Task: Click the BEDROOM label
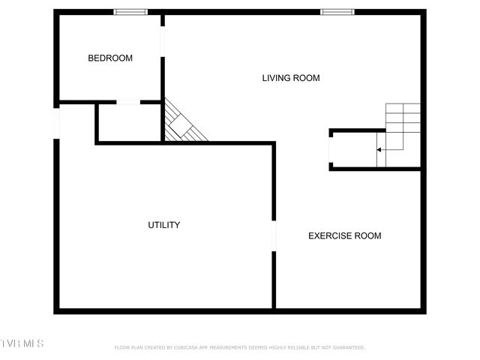(110, 58)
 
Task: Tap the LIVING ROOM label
(291, 78)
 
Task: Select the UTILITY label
(163, 225)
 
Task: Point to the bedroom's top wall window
(130, 12)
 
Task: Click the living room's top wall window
(337, 12)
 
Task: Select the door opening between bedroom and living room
(163, 42)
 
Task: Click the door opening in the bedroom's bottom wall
(128, 102)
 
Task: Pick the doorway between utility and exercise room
(274, 235)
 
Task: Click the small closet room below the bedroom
(129, 122)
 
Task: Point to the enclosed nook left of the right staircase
(352, 150)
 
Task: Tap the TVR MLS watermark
(22, 343)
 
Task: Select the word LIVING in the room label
(276, 78)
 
